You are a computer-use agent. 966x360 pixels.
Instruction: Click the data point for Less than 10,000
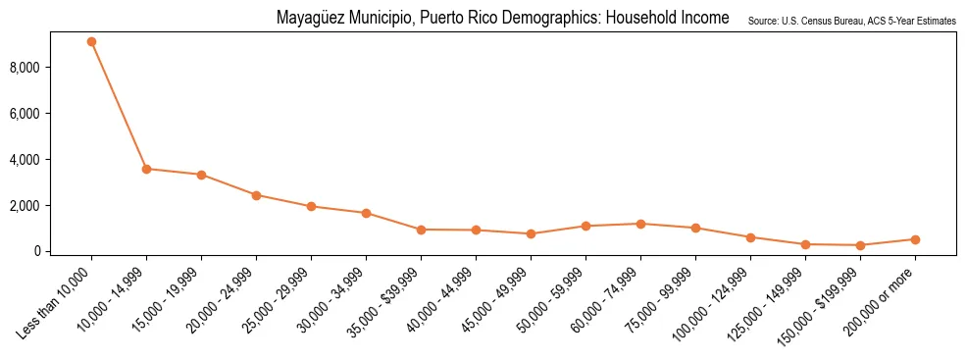pos(91,42)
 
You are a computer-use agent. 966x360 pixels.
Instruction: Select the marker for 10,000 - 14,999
pos(146,169)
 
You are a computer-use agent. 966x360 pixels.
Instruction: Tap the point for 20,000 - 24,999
pos(256,195)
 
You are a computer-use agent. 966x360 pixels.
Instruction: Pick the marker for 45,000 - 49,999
pos(531,233)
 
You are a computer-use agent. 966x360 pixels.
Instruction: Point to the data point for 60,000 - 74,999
pos(640,224)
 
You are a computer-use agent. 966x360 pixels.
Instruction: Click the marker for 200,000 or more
pos(915,239)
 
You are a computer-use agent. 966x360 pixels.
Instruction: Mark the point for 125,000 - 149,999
pos(805,244)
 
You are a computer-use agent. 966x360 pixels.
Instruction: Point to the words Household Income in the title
pos(666,19)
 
